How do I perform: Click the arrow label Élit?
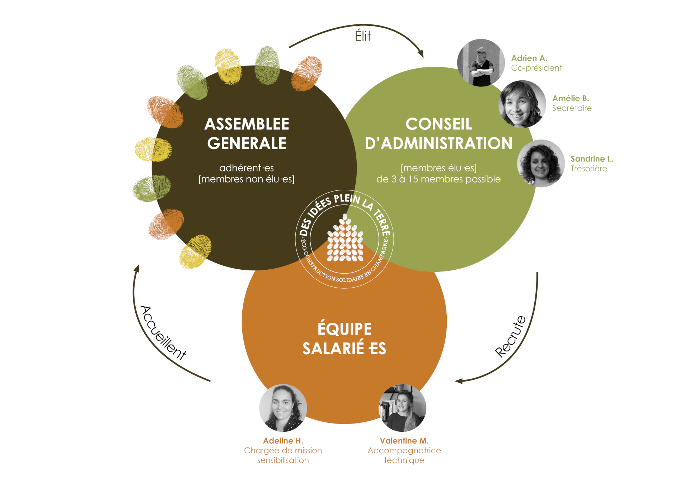(x=363, y=36)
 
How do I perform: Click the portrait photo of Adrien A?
(x=481, y=63)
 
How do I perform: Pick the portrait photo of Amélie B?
(x=522, y=104)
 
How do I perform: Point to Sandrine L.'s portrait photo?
(x=541, y=163)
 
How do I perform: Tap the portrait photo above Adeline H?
(x=283, y=408)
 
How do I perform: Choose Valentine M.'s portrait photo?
(x=403, y=408)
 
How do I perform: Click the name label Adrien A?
(x=529, y=58)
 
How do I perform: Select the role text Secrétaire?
(x=572, y=108)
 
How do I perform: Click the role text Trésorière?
(x=589, y=169)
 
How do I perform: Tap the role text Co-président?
(x=536, y=68)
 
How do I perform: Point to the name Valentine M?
(x=404, y=441)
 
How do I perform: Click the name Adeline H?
(x=283, y=441)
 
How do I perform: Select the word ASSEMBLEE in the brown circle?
(x=247, y=124)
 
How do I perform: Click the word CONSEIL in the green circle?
(x=439, y=124)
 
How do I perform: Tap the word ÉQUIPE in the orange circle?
(x=344, y=328)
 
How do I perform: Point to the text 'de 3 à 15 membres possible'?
(x=439, y=179)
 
